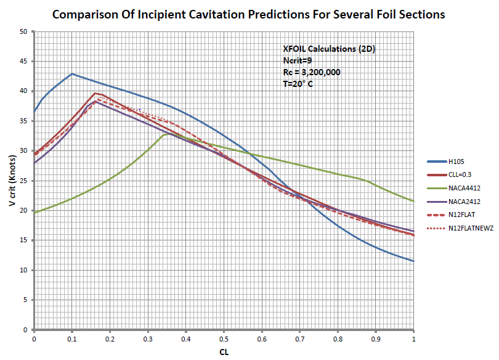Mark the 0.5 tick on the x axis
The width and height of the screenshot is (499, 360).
tap(224, 338)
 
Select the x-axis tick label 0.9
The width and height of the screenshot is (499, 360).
tap(376, 338)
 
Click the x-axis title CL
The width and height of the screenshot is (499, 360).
tap(224, 353)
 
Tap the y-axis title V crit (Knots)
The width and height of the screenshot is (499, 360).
tap(10, 180)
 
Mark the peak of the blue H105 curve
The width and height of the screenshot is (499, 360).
tap(72, 74)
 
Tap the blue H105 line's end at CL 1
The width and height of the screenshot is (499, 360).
tap(413, 261)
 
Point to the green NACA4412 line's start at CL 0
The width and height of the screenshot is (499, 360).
tap(34, 212)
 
